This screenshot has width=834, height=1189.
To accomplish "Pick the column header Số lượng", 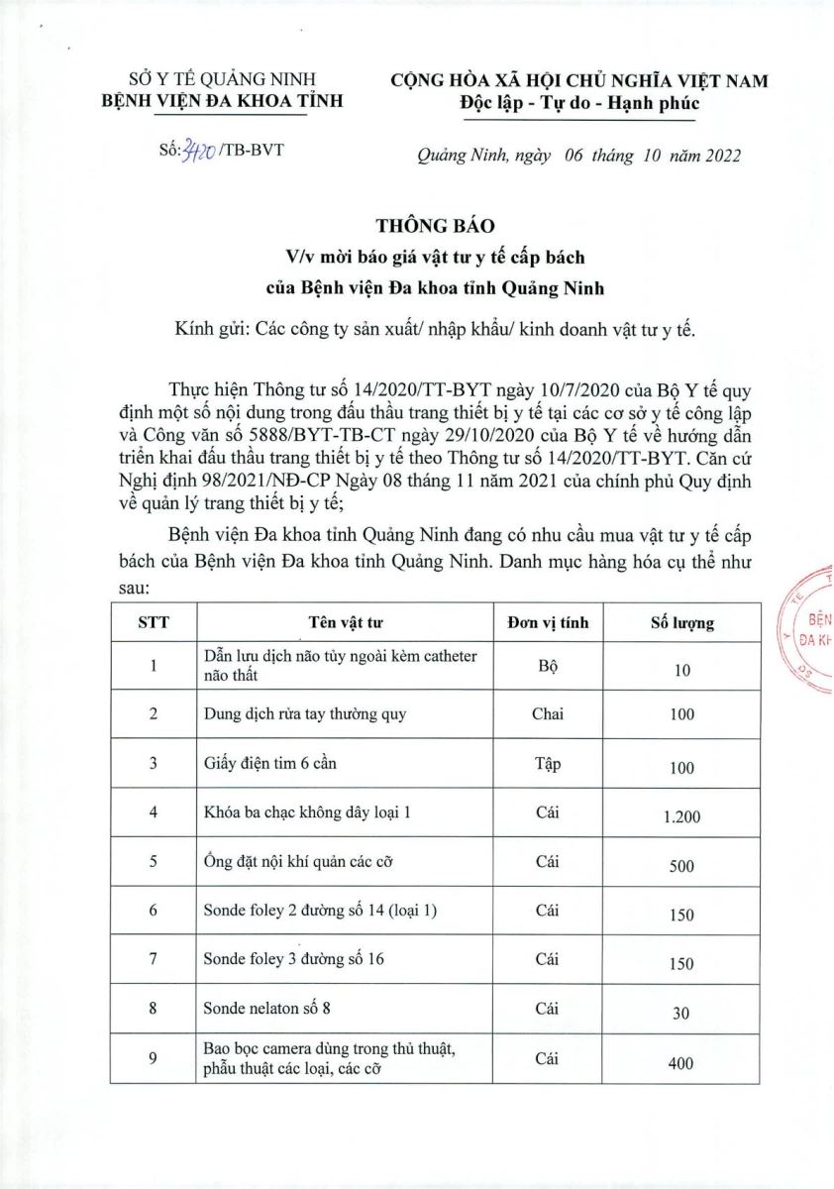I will [681, 623].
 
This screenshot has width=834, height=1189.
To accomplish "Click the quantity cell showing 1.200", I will [681, 817].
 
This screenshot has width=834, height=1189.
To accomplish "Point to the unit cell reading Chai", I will [548, 713].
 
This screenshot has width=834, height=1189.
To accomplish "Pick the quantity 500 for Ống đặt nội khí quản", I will [681, 866].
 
